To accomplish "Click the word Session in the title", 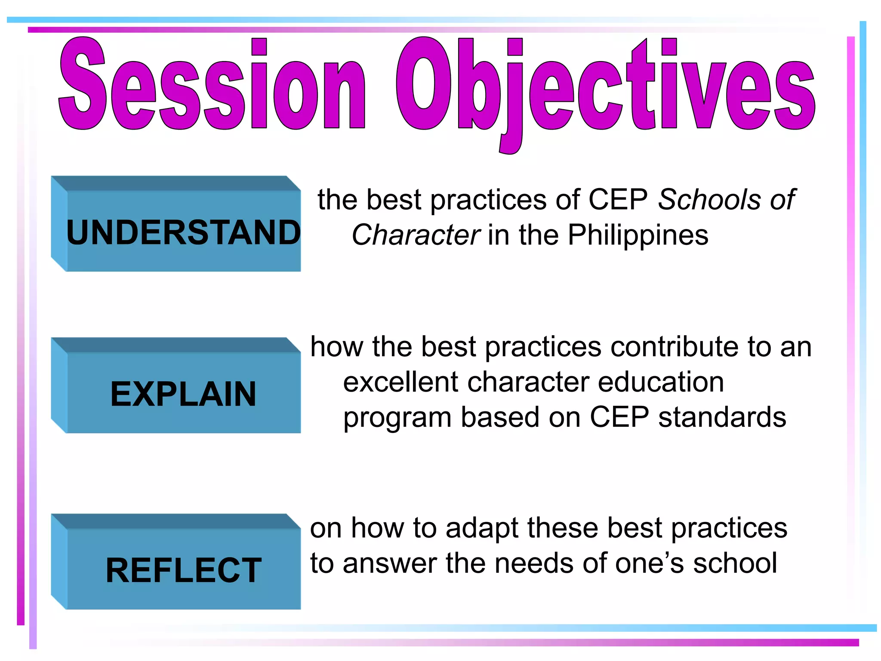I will (211, 84).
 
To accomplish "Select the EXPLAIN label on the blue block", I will (183, 394).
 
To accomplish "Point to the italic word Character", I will (415, 235).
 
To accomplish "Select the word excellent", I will (400, 382).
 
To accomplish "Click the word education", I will (660, 382).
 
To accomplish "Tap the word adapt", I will (482, 528).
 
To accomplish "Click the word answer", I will (389, 564).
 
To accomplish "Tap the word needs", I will (533, 564).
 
